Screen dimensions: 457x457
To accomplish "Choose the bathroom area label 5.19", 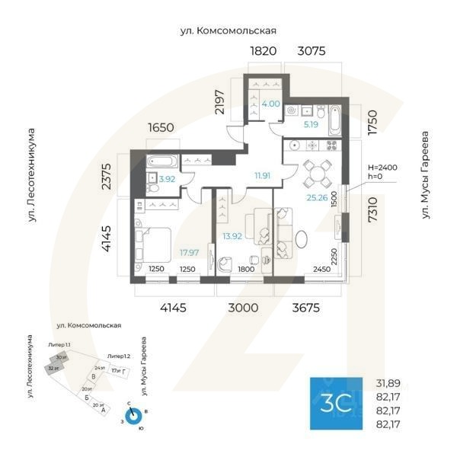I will (x=311, y=123).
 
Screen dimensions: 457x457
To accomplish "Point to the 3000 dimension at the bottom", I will (x=243, y=308).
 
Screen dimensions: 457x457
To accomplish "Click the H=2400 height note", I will (x=382, y=167).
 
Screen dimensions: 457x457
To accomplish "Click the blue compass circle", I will (x=134, y=417).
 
